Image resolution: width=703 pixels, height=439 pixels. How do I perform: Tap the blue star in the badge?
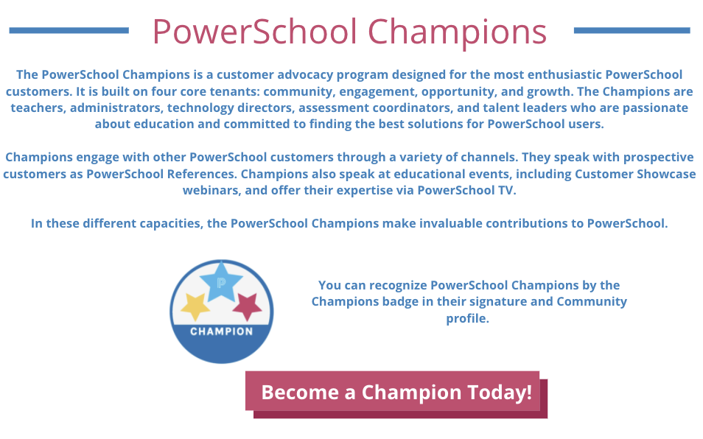coord(221,281)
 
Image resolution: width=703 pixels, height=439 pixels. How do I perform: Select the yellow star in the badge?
coord(195,307)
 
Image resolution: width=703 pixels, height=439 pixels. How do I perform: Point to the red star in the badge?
coord(247,306)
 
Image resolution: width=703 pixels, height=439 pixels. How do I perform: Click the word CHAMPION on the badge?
coord(222,331)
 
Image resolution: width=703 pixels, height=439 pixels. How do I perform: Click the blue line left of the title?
coord(69,30)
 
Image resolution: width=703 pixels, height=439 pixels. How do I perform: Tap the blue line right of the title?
coord(632,30)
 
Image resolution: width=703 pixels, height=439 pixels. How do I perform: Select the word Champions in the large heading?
coord(458,32)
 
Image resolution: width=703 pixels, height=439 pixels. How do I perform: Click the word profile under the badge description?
coord(467,318)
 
